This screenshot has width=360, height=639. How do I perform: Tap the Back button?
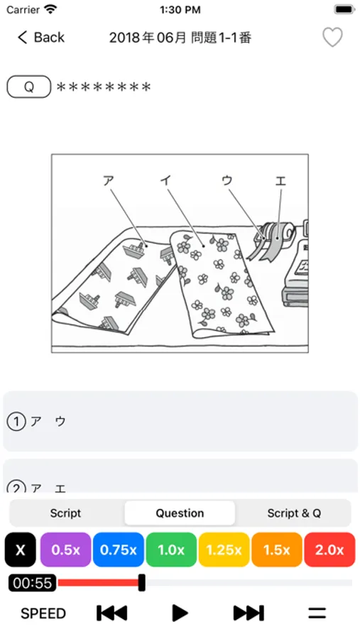pos(40,38)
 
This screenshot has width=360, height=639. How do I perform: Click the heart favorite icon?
pos(333,37)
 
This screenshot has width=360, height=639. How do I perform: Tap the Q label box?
pos(29,87)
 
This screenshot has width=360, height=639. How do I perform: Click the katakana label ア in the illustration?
pos(108,180)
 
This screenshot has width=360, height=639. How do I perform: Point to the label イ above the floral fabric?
pos(165,180)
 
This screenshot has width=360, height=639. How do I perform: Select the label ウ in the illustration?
pos(227,180)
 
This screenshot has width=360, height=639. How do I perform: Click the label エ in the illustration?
pos(280,180)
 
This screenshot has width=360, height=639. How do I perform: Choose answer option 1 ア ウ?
pos(180,421)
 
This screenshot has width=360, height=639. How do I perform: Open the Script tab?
pos(65,513)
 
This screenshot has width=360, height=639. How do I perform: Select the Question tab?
pos(180,513)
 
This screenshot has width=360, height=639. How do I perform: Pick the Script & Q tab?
pos(294,513)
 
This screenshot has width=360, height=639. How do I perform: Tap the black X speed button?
pos(21,550)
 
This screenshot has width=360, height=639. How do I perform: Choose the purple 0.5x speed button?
pos(65,550)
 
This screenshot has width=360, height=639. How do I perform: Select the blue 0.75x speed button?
pos(119,550)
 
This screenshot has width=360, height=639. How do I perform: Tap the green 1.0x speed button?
pos(171,550)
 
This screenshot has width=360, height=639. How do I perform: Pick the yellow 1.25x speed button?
pos(224,550)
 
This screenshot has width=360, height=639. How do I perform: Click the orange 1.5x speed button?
pos(277,550)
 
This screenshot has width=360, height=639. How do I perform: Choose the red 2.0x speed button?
pos(329,550)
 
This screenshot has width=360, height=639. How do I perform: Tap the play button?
pos(180,613)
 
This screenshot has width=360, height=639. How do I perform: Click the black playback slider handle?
pos(142,583)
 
